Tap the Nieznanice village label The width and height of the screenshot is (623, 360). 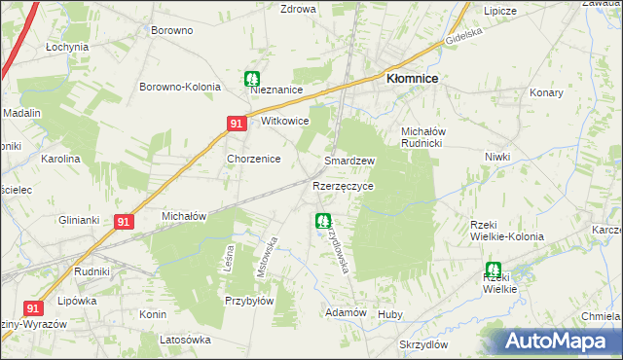pyautogui.click(x=277, y=90)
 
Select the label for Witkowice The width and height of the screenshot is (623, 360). pyautogui.click(x=284, y=122)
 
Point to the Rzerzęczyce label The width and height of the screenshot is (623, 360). pyautogui.click(x=343, y=185)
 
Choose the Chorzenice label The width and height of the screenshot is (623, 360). pyautogui.click(x=253, y=159)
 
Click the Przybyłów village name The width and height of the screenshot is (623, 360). pyautogui.click(x=248, y=301)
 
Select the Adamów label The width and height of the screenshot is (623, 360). pyautogui.click(x=346, y=312)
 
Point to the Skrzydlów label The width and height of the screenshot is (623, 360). pyautogui.click(x=422, y=344)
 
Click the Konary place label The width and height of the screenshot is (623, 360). pyautogui.click(x=547, y=92)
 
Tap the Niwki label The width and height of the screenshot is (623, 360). pyautogui.click(x=497, y=156)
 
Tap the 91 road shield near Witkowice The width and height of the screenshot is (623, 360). pyautogui.click(x=237, y=124)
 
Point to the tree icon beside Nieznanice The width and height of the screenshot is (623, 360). pyautogui.click(x=252, y=78)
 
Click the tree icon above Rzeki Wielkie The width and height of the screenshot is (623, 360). pyautogui.click(x=493, y=270)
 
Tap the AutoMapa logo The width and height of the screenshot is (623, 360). pyautogui.click(x=556, y=341)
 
